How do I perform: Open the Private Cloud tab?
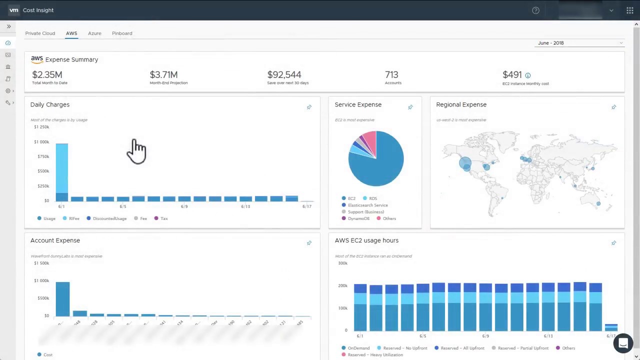(x=40, y=33)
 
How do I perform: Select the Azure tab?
(x=94, y=33)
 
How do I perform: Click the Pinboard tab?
(x=122, y=33)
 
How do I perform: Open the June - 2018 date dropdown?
(x=580, y=43)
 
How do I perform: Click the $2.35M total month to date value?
(x=47, y=75)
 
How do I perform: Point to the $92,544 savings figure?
(x=284, y=75)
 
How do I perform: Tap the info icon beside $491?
(x=527, y=75)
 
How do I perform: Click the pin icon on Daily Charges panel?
(x=309, y=107)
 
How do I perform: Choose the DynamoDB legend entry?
(x=358, y=218)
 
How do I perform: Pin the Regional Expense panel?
(x=613, y=107)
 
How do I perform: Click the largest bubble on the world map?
(x=465, y=163)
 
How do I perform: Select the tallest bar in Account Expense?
(x=62, y=298)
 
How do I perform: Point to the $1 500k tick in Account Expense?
(x=41, y=263)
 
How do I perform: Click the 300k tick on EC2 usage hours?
(x=342, y=263)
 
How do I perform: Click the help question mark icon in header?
(x=535, y=10)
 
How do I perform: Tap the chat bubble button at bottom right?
(x=623, y=343)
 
